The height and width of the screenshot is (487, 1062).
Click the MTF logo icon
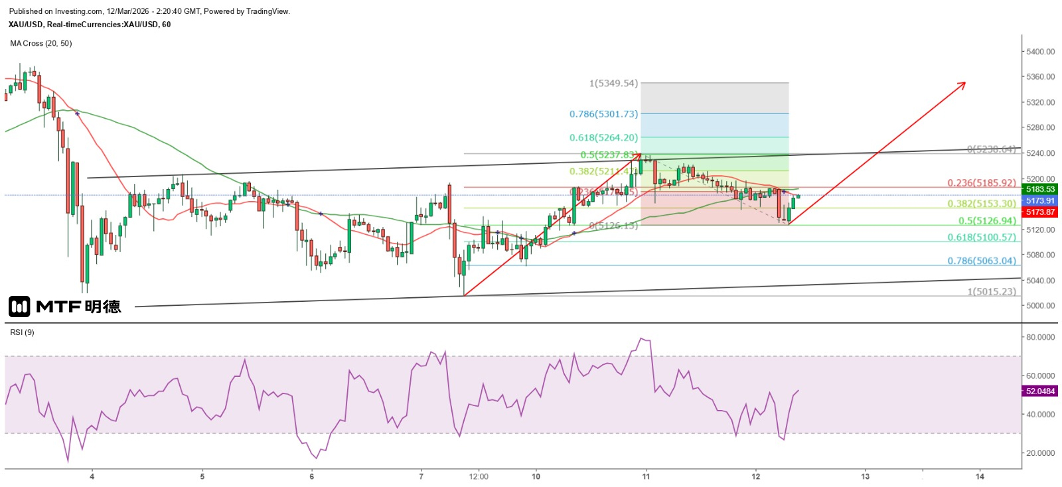(x=19, y=306)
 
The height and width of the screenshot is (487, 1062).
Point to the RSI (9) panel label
(x=22, y=332)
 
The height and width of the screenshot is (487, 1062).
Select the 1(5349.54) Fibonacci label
(x=613, y=84)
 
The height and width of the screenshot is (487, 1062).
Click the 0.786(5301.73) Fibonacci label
(x=603, y=114)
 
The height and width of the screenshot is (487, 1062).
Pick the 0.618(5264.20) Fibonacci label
(x=603, y=138)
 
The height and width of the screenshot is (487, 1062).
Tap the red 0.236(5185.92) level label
(x=981, y=183)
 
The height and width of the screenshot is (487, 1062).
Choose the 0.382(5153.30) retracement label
(x=981, y=204)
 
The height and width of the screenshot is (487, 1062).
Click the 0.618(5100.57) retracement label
(x=981, y=238)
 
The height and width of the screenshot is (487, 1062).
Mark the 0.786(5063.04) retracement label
(x=981, y=261)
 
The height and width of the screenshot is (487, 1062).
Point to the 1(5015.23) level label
(x=991, y=292)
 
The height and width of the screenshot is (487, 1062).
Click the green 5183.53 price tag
(x=1039, y=190)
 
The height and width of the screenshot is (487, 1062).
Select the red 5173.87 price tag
(x=1039, y=212)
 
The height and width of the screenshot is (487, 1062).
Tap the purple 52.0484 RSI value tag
(x=1039, y=391)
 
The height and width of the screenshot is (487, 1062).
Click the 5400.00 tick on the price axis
(x=1040, y=52)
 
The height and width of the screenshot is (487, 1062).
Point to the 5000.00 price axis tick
(x=1040, y=306)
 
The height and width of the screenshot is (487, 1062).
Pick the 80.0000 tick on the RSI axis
(x=1040, y=337)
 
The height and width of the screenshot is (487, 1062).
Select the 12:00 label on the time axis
(x=479, y=476)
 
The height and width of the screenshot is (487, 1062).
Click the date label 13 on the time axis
(x=865, y=476)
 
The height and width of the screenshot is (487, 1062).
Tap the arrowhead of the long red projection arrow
(x=964, y=84)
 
